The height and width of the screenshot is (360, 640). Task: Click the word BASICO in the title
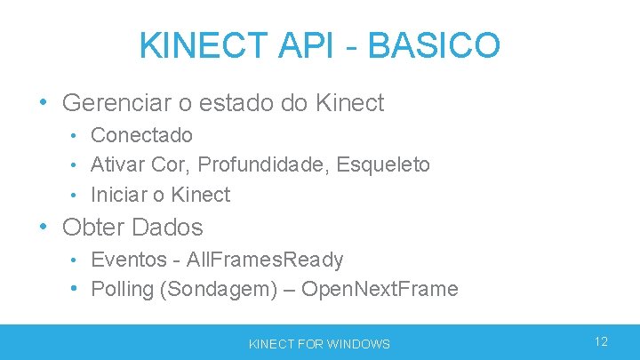pyautogui.click(x=434, y=44)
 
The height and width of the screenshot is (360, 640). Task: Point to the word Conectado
pyautogui.click(x=141, y=135)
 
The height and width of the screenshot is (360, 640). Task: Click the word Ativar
pyautogui.click(x=119, y=164)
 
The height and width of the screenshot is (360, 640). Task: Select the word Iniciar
pyautogui.click(x=118, y=195)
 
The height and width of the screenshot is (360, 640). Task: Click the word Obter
pyautogui.click(x=92, y=228)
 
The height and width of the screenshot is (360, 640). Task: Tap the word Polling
pyautogui.click(x=124, y=289)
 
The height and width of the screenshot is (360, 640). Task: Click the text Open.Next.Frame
pyautogui.click(x=380, y=289)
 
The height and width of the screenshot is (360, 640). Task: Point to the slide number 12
pyautogui.click(x=601, y=342)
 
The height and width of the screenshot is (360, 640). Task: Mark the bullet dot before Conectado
pyautogui.click(x=76, y=135)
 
